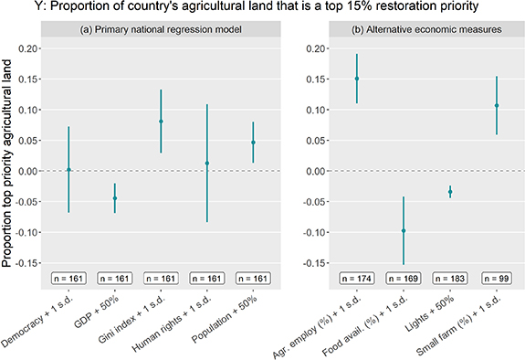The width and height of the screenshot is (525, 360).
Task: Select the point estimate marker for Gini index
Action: click(161, 122)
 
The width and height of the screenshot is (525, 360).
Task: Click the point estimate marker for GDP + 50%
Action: click(115, 198)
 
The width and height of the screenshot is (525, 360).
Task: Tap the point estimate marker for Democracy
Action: click(68, 170)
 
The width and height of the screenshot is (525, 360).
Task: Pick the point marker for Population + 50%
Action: click(253, 143)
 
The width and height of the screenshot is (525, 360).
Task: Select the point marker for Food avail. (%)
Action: click(404, 231)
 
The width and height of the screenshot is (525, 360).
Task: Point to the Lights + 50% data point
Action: click(450, 192)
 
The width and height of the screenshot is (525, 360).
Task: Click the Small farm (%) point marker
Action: click(497, 105)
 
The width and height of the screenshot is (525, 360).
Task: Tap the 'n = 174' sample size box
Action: click(357, 277)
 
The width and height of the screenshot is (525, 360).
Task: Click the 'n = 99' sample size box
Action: click(497, 277)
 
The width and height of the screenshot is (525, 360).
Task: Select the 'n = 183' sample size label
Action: click(450, 277)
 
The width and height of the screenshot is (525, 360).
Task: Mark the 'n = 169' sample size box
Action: click(404, 277)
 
